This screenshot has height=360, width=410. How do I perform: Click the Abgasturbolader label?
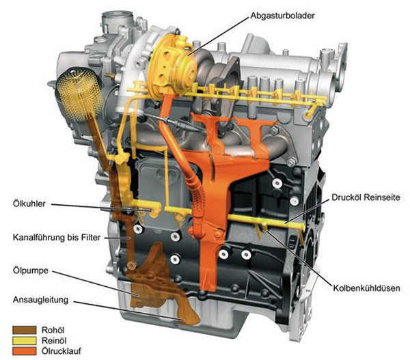coord(282,16)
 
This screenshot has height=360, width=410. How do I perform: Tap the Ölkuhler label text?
coord(29,204)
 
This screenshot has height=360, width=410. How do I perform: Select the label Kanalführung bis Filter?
coord(57,238)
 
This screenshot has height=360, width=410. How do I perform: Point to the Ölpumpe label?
coord(31,271)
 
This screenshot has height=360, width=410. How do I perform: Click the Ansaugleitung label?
coord(40,300)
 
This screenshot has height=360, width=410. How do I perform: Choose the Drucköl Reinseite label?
coord(366,197)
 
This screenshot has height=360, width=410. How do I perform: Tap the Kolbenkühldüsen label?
coord(366,288)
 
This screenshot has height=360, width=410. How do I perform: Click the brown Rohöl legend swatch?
coord(25,330)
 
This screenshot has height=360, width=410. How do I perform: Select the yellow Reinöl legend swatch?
coord(25,341)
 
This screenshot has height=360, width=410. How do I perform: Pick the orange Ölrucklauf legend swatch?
coord(25,351)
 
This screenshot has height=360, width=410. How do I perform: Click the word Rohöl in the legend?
coord(53,330)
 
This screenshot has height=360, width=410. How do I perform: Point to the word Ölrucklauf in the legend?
coord(61,351)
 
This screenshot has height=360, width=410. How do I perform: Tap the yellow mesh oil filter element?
coord(79,93)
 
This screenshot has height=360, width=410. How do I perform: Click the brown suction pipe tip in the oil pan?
coord(189,318)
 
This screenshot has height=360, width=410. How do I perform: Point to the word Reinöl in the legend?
coord(54,341)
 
